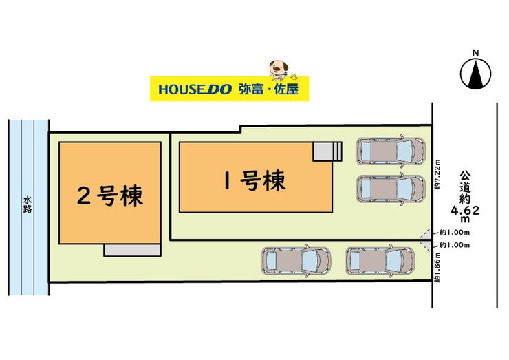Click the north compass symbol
475,74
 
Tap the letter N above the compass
475,52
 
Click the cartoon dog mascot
279,70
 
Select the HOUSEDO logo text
195,89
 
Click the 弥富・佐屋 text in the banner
268,89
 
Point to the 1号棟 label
254,180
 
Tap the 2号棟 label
110,195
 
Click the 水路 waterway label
28,204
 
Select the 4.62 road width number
465,210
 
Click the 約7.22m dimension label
437,174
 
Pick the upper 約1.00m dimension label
455,232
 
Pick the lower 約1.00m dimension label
455,245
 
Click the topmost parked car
391,151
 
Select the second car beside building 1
391,189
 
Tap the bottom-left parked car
296,261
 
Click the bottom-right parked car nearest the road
380,261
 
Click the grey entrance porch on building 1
327,151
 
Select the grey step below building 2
133,250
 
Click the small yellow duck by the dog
294,77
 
